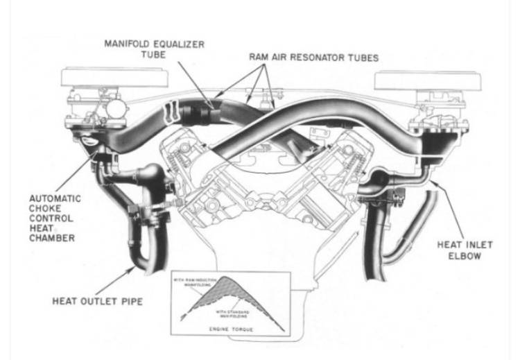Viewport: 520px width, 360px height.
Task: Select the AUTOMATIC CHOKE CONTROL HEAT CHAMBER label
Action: pos(55,218)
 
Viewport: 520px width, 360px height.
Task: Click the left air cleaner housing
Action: pos(103,78)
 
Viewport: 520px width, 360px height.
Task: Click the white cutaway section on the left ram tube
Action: pos(169,113)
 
